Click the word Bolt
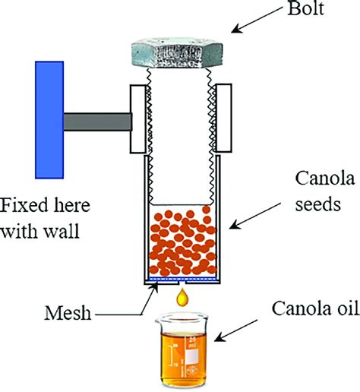click(x=306, y=8)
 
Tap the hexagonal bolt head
click(x=177, y=53)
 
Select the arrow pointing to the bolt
click(x=257, y=20)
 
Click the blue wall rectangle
click(x=49, y=120)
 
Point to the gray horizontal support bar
click(x=98, y=122)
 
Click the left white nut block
click(x=138, y=119)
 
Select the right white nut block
click(x=223, y=118)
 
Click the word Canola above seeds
click(x=325, y=178)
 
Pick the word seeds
click(x=318, y=204)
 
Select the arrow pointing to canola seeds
click(x=255, y=216)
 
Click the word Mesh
click(x=68, y=314)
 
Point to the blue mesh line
click(x=182, y=279)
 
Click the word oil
click(x=347, y=308)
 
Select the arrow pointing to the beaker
click(x=236, y=330)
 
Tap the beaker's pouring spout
click(x=159, y=320)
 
